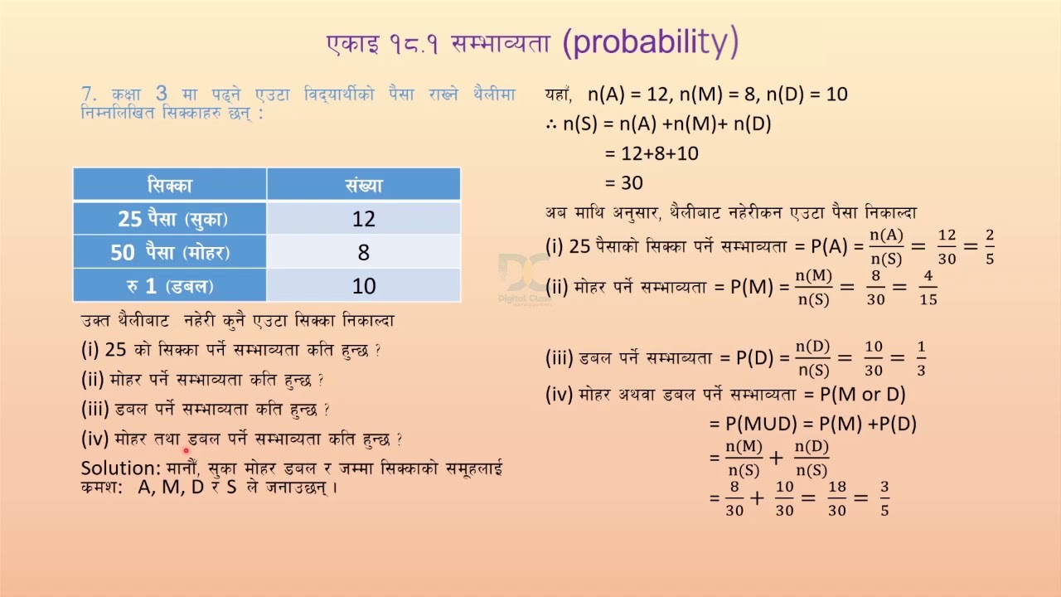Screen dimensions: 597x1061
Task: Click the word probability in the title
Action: (650, 42)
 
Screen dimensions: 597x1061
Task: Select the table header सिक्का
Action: (170, 185)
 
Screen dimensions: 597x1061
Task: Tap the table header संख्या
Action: (363, 185)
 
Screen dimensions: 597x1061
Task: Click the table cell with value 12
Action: (363, 219)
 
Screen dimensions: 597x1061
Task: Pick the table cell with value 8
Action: (363, 253)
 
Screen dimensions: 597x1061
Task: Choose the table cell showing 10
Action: (363, 286)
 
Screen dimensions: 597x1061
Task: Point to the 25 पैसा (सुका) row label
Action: (172, 219)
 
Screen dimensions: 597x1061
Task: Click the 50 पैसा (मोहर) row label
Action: (170, 253)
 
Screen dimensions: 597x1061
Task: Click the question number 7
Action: (88, 94)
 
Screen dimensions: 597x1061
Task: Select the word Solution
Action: (119, 468)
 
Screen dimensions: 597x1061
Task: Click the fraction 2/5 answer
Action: (989, 247)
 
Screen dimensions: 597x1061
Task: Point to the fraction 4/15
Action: (928, 288)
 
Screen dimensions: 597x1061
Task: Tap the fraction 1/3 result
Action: (921, 358)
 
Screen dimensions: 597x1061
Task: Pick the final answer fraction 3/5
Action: (884, 498)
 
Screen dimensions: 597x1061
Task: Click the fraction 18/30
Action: (837, 498)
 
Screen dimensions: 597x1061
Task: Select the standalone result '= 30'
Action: (624, 182)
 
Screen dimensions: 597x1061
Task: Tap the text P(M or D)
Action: (862, 395)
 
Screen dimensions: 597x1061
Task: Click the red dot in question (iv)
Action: (186, 450)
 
